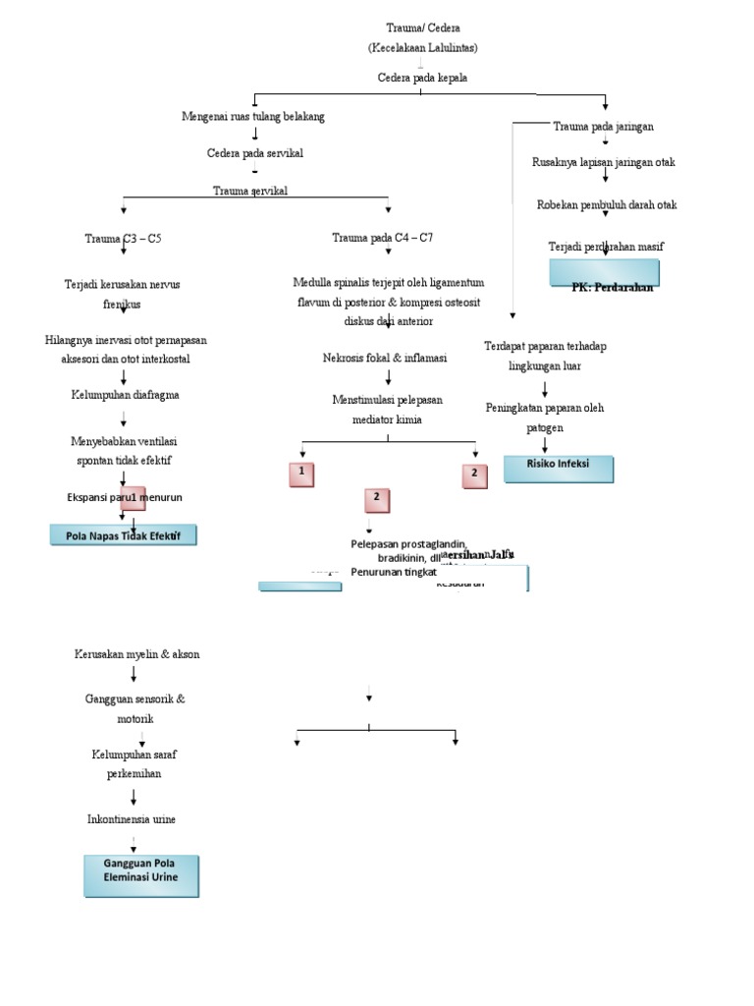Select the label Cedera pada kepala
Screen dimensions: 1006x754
422,77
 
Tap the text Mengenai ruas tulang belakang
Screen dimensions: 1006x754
253,116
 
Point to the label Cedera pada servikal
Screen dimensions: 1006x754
254,153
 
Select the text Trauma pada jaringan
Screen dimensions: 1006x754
604,127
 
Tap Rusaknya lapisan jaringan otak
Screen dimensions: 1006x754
604,161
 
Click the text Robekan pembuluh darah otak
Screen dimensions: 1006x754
607,204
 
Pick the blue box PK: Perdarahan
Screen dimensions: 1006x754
605,274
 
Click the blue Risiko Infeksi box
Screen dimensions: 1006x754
559,469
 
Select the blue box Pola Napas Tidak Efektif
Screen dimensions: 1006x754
124,534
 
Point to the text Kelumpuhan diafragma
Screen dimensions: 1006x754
124,394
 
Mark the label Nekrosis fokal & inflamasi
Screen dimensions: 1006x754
385,359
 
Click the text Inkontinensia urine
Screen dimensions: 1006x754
132,818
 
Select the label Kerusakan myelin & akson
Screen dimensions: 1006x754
136,653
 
